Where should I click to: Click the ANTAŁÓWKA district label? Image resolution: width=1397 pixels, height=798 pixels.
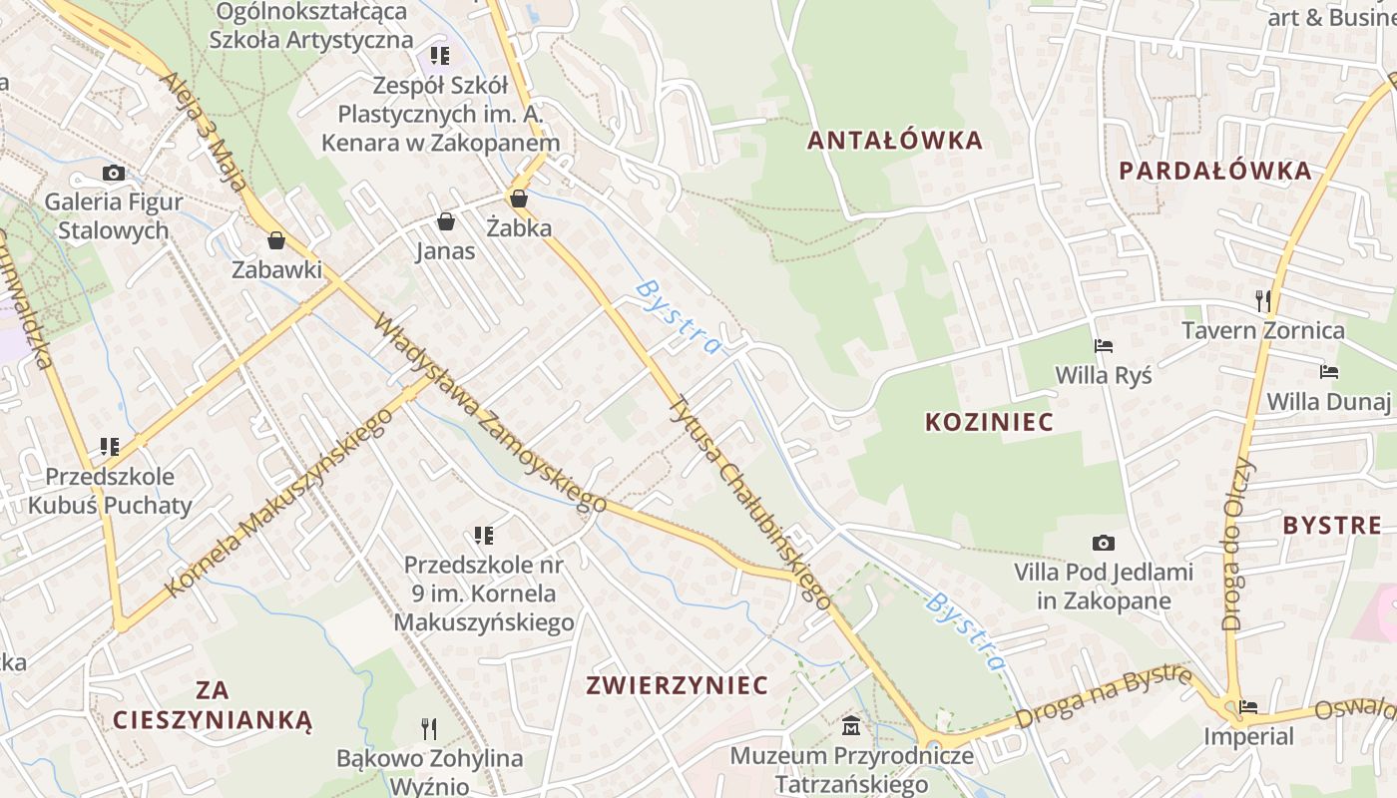click(x=894, y=141)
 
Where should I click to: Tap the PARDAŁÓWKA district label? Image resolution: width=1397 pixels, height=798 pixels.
click(x=1214, y=171)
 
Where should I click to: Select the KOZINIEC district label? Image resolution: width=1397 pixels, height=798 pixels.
click(x=989, y=422)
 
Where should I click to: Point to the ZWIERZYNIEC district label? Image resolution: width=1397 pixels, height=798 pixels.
click(x=678, y=685)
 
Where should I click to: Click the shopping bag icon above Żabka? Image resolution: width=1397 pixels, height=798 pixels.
click(x=518, y=199)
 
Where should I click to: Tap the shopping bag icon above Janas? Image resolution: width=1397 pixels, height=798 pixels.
click(x=445, y=220)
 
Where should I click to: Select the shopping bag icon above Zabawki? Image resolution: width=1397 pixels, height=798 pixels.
click(x=276, y=240)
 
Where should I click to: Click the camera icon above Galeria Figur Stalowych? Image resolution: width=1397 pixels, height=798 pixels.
click(x=114, y=173)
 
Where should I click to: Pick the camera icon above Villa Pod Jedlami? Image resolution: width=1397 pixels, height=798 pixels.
click(x=1103, y=543)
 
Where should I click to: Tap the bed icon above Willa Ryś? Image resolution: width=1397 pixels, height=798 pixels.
click(x=1104, y=346)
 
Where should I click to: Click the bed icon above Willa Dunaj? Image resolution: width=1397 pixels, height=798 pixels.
click(x=1328, y=372)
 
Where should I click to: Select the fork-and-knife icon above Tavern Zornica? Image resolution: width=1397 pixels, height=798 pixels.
click(x=1263, y=299)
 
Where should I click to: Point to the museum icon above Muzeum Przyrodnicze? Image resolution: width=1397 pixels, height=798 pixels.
click(x=851, y=725)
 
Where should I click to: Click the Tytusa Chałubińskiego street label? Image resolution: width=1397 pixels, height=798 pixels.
click(x=749, y=502)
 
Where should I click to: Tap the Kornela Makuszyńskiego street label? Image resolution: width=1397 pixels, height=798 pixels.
click(x=278, y=502)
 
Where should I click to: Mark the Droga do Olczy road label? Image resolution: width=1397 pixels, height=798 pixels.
click(x=1236, y=544)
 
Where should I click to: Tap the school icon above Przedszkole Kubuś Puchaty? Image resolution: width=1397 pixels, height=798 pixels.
click(x=110, y=446)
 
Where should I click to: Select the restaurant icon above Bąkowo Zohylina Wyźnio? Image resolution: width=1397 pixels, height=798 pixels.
click(x=429, y=729)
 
